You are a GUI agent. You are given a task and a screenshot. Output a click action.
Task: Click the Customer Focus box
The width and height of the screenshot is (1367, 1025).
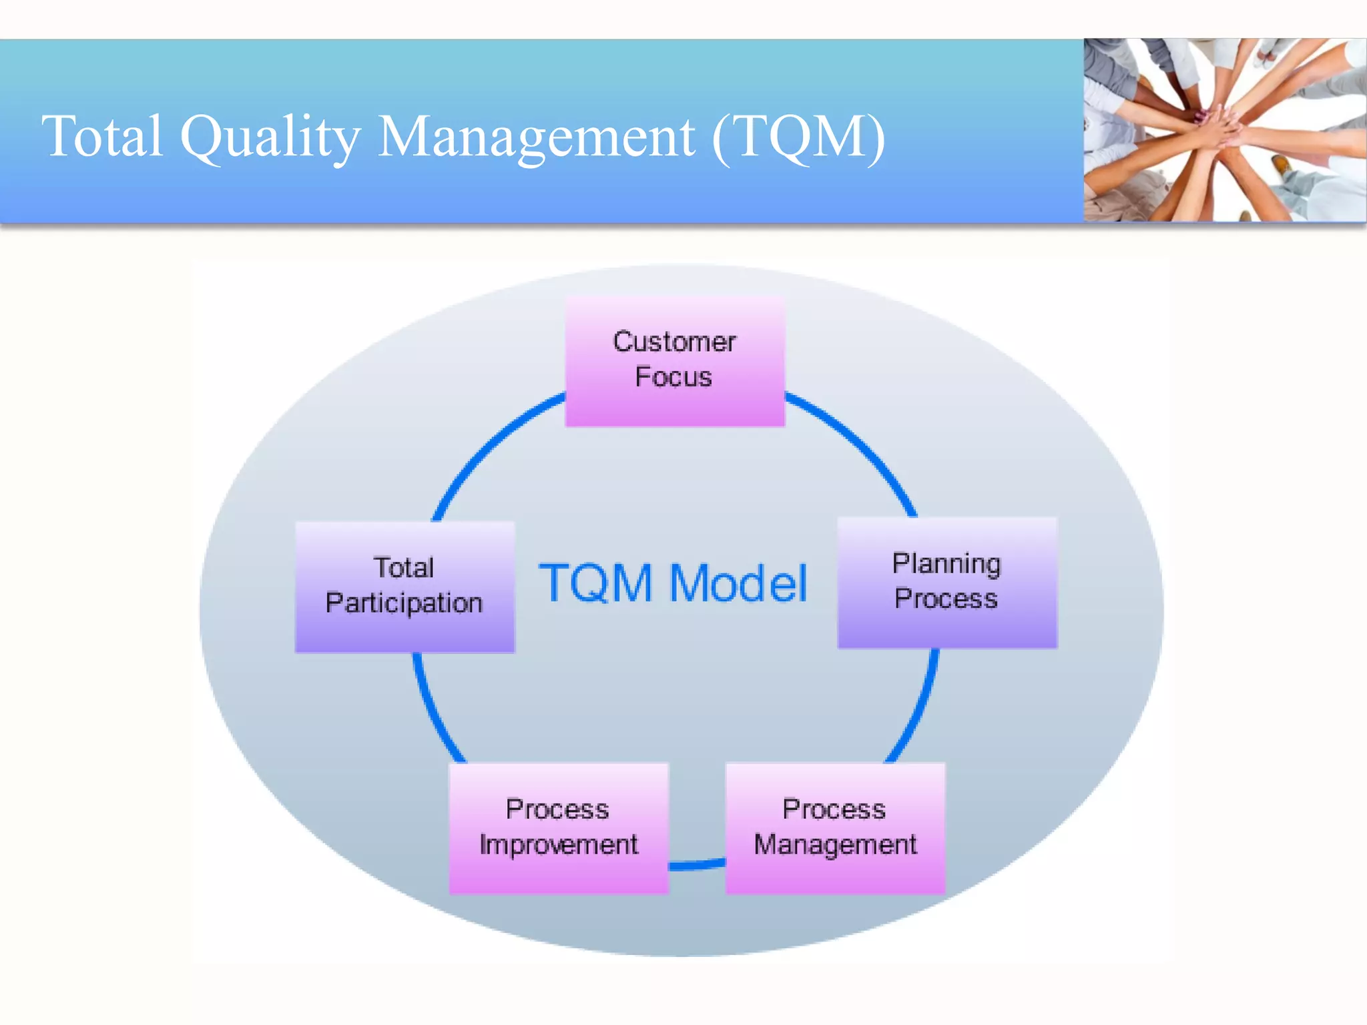(675, 360)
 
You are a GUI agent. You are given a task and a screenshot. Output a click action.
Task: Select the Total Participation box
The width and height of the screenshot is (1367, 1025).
(404, 586)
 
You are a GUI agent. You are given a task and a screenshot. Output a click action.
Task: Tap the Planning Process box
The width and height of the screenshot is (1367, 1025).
(947, 582)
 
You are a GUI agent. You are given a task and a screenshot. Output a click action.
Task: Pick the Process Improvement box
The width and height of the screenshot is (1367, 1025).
(559, 827)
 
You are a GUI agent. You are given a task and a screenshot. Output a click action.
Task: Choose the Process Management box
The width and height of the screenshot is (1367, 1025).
(835, 827)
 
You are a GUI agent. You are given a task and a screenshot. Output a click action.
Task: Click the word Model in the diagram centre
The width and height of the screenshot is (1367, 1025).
(738, 584)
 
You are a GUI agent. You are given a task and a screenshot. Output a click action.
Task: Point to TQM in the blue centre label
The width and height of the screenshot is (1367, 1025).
(596, 584)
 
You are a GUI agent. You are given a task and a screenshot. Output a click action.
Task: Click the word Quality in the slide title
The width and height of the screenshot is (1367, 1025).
(270, 137)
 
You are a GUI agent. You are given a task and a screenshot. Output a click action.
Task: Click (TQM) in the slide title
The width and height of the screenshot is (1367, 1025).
(798, 137)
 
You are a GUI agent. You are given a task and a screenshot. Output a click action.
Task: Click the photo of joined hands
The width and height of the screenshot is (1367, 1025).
(1224, 130)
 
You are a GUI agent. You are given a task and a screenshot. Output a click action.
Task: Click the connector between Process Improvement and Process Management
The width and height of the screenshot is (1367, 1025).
(697, 865)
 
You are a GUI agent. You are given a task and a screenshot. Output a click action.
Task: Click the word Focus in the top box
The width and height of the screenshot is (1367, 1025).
(673, 377)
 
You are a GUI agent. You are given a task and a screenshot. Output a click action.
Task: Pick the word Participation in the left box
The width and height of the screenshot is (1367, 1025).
(404, 603)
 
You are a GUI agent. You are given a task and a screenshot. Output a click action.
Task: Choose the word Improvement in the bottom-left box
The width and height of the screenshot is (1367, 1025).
(559, 845)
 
